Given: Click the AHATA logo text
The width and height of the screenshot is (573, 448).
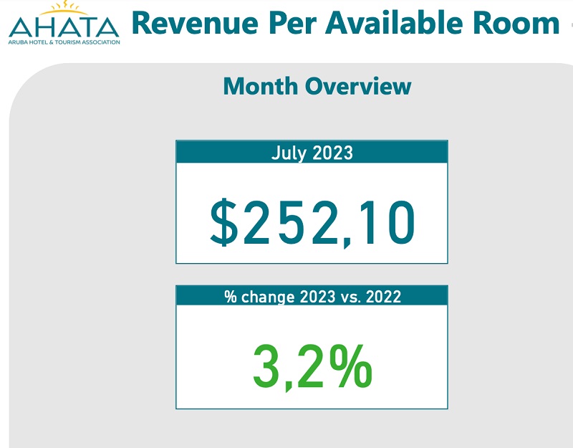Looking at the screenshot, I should [x=64, y=27].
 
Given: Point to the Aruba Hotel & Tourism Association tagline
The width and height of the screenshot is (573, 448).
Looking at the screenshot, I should [x=64, y=42].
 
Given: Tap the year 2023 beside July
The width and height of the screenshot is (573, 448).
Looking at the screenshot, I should [x=332, y=152].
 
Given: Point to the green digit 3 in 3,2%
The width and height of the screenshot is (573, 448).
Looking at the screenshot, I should [x=266, y=366].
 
